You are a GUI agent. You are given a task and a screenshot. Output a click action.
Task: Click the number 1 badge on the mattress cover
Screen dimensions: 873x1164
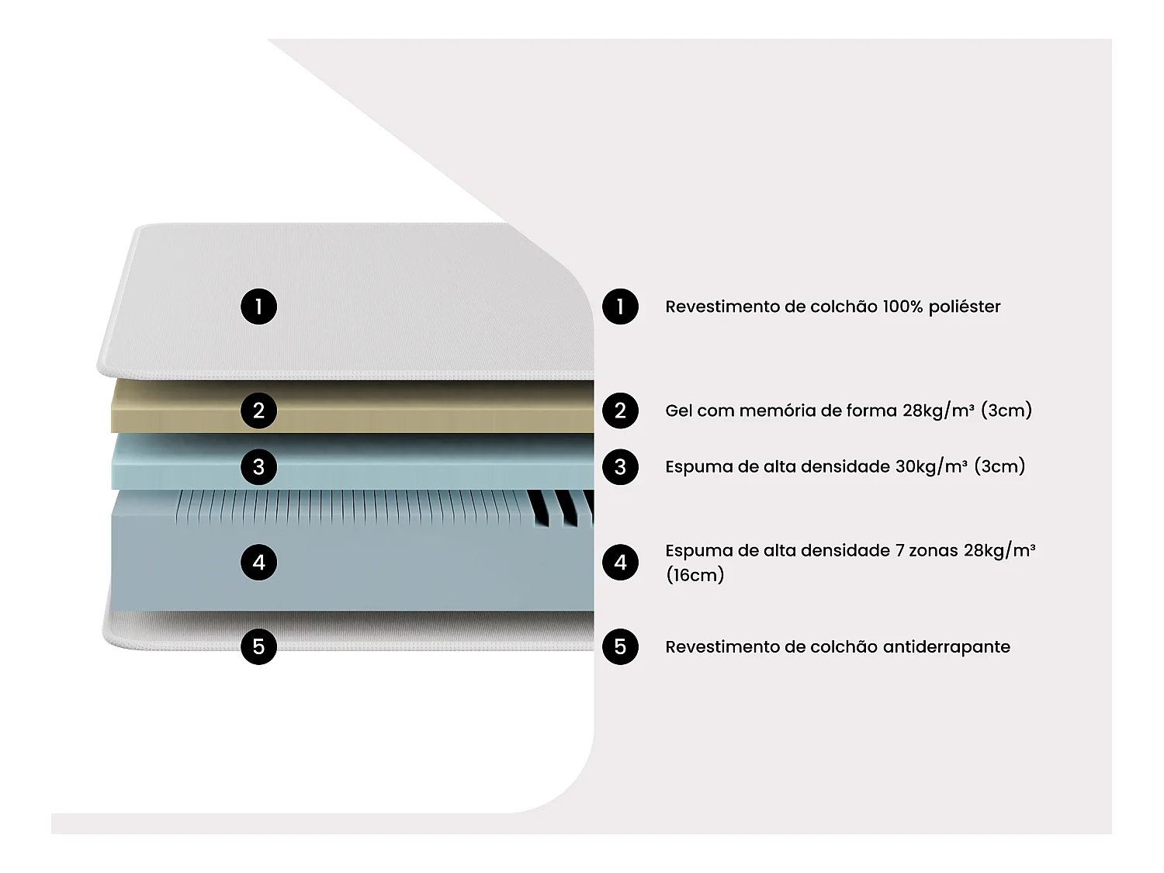258,307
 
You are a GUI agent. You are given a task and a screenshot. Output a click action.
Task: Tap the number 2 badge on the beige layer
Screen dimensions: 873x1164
258,411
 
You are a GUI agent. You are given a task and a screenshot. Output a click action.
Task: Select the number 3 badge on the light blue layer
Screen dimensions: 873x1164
258,467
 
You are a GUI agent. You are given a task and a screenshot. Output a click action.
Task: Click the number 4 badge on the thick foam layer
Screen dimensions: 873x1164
258,562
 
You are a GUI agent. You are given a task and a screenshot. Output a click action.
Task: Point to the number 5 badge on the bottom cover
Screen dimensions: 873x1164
258,646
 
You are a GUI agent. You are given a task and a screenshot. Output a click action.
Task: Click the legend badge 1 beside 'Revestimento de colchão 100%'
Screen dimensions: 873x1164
620,307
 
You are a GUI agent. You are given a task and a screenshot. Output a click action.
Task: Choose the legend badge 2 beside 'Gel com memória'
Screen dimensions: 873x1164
620,411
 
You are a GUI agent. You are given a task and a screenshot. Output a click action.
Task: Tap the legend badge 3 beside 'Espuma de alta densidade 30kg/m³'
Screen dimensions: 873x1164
620,467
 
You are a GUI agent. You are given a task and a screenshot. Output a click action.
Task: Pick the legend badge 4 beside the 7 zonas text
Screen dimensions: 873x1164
620,562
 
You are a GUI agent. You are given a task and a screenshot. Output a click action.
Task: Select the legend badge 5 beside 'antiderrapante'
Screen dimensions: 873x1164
620,646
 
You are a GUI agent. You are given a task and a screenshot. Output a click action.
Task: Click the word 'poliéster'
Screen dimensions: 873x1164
965,307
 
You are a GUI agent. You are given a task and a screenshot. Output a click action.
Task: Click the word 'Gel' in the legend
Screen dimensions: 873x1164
679,411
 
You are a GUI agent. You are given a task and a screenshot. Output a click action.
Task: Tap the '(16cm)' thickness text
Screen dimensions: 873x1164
695,575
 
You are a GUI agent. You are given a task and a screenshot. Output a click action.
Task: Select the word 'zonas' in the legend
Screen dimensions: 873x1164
934,550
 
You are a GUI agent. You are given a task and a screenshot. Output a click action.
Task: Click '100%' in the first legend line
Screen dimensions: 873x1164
902,307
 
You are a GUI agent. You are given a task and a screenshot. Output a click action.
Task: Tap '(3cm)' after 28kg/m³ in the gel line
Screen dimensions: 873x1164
1006,411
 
